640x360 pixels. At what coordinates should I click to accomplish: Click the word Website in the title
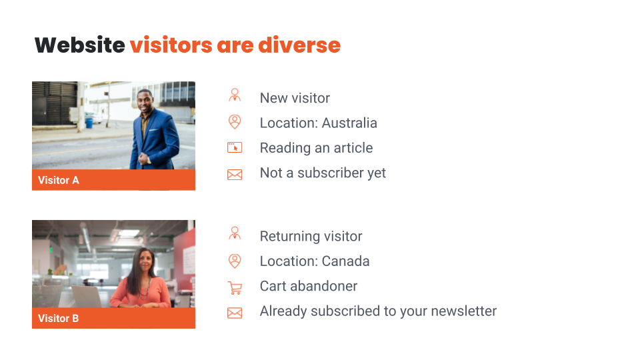pos(79,45)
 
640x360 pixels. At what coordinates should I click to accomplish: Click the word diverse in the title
pos(299,45)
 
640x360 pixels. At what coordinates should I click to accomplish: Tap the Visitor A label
pos(59,180)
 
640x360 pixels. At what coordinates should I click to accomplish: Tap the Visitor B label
pos(59,319)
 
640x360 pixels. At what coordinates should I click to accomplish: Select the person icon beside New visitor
pos(235,95)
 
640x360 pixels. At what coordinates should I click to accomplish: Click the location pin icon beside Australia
pos(235,121)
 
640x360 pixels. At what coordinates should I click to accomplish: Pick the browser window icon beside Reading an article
pos(235,147)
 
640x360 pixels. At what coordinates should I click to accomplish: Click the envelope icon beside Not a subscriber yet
pos(235,175)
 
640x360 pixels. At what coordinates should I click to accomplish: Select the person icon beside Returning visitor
pos(235,233)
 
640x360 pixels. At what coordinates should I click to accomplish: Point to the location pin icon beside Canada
pos(235,261)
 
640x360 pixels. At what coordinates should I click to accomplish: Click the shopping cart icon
pos(235,288)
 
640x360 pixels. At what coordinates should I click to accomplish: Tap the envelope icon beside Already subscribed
pos(235,313)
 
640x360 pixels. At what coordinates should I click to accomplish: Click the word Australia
pos(349,123)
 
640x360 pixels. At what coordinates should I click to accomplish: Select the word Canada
pos(345,261)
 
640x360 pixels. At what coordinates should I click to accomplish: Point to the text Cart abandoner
pos(309,286)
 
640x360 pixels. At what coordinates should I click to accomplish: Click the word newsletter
pos(464,311)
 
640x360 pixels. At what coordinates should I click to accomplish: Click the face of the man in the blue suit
pos(145,101)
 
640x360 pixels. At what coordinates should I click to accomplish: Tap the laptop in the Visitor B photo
pos(87,297)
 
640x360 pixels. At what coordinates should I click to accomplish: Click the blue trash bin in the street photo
pos(89,123)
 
